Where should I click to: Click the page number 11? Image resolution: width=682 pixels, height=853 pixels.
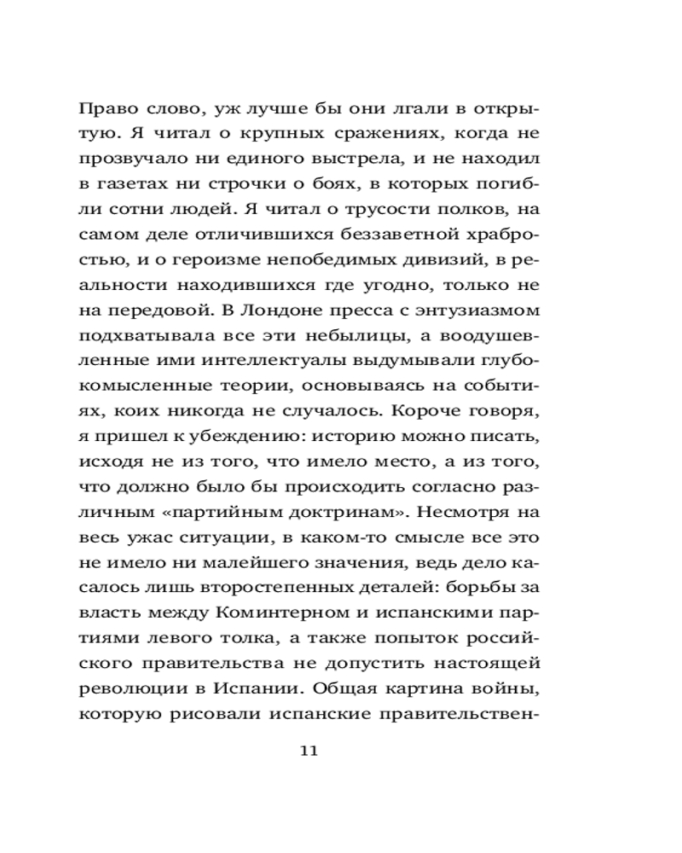pos(309,751)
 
